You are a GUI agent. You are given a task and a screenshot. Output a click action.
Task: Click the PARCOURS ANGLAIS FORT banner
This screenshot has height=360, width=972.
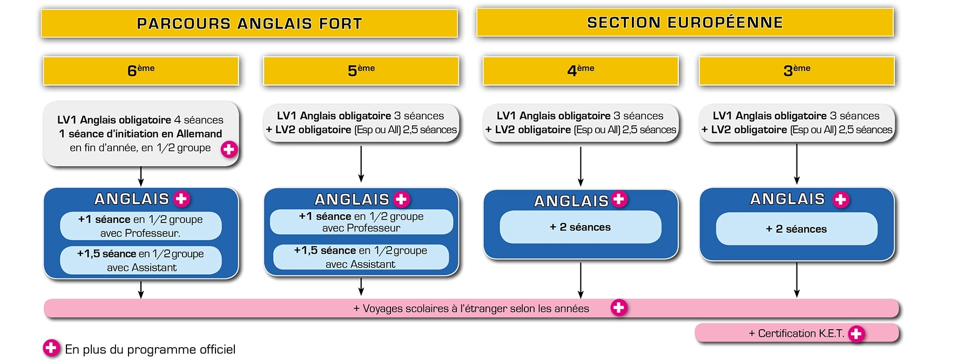coord(249,24)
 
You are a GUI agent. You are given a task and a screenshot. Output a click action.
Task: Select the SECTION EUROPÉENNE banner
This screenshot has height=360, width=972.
coord(685,23)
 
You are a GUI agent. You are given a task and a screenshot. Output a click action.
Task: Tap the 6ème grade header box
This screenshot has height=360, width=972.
coord(141,71)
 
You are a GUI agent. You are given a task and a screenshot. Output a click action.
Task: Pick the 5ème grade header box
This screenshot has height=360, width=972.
coord(361,71)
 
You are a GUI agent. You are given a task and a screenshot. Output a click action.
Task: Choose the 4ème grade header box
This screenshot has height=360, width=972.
coord(580,71)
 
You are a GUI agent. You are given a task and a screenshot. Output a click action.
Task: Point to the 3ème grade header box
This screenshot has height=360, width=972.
coord(796,71)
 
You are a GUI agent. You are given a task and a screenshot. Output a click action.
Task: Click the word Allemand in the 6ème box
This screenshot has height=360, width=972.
coord(200,134)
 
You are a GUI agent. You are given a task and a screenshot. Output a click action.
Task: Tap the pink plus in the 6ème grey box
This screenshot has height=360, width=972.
coord(229,150)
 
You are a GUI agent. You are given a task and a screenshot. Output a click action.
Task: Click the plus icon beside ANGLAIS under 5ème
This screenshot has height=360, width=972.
coord(401,200)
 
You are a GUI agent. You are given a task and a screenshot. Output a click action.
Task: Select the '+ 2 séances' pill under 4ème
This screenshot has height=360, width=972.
coord(580,227)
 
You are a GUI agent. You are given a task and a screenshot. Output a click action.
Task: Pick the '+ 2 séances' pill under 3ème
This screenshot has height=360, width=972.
coord(796,229)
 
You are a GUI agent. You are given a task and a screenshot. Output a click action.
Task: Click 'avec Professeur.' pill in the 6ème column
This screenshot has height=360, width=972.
coord(140,226)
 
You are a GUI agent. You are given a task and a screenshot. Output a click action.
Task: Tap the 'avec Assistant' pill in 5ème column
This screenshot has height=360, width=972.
coord(361,257)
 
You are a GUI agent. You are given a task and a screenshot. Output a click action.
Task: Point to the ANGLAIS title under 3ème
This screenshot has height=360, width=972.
coord(787,199)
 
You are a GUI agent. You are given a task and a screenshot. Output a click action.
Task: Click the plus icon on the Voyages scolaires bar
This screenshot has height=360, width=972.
coord(619,308)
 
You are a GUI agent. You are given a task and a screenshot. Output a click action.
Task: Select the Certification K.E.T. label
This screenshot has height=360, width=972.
coord(796,334)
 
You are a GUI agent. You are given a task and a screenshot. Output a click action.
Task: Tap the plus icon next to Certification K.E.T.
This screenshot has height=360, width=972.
coord(856,334)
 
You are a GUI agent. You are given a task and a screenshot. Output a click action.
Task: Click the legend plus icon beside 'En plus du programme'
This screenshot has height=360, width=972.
coord(51,348)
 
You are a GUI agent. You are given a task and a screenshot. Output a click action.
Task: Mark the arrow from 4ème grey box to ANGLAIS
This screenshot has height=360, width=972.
coord(580,166)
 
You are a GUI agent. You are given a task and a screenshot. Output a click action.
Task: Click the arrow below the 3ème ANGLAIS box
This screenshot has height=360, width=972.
coord(796,280)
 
